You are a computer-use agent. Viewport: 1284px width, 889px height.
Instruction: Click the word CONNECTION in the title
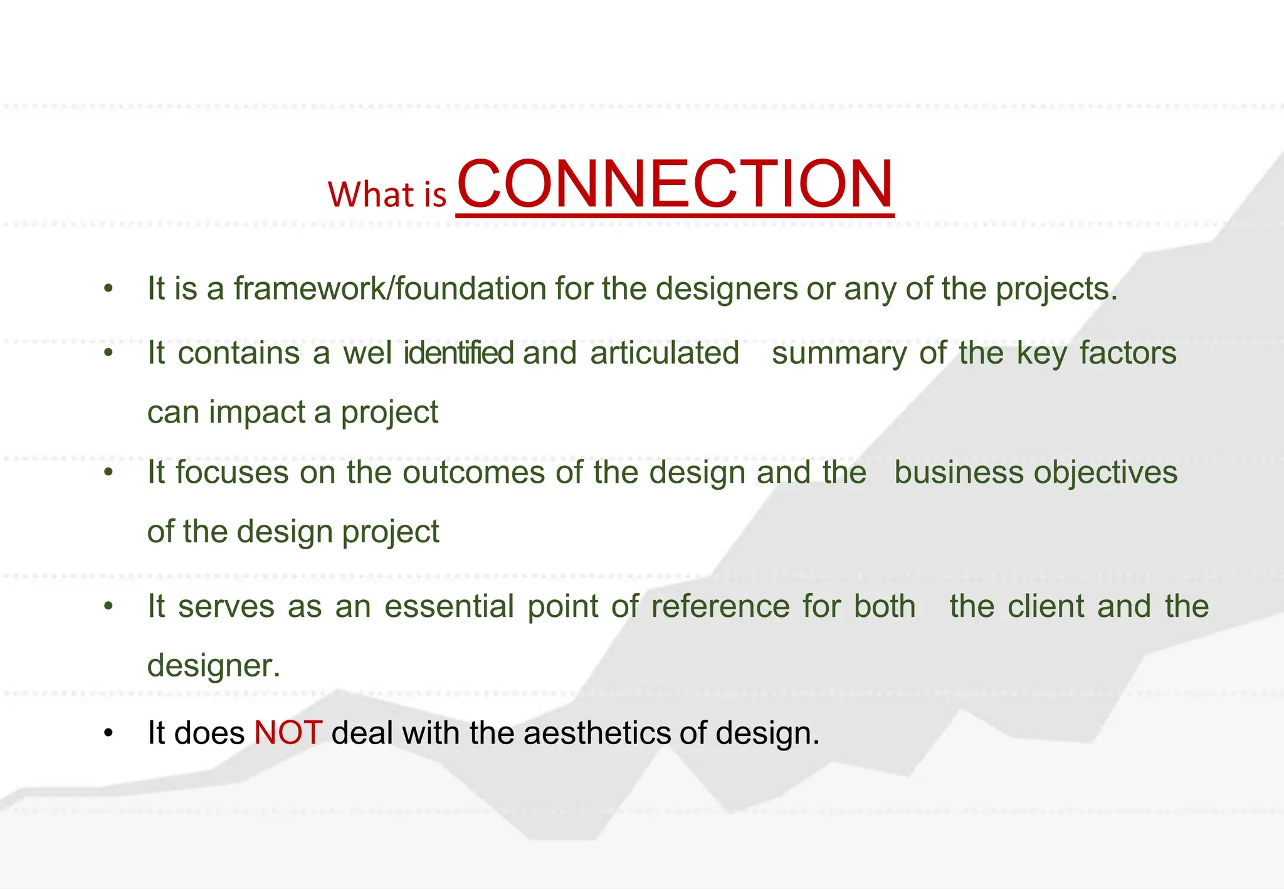pos(675,184)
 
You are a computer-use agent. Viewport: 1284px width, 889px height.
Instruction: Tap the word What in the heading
pos(369,194)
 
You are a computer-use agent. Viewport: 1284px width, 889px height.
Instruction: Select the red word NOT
pos(288,732)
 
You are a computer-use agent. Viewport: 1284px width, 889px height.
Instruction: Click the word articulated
pos(664,353)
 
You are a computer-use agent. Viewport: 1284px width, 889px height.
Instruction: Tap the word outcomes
pos(473,473)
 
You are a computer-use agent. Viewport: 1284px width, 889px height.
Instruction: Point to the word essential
pos(449,607)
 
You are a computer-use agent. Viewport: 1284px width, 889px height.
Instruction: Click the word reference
pos(720,607)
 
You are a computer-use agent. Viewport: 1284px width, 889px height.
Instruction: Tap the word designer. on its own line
pos(213,666)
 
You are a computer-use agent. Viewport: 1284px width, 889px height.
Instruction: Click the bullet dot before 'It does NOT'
pos(108,733)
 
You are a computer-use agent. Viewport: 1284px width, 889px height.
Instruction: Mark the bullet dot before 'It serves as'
pos(108,606)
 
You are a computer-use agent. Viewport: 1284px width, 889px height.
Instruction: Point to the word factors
pos(1127,353)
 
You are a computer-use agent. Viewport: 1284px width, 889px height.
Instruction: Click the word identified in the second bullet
pos(459,353)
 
